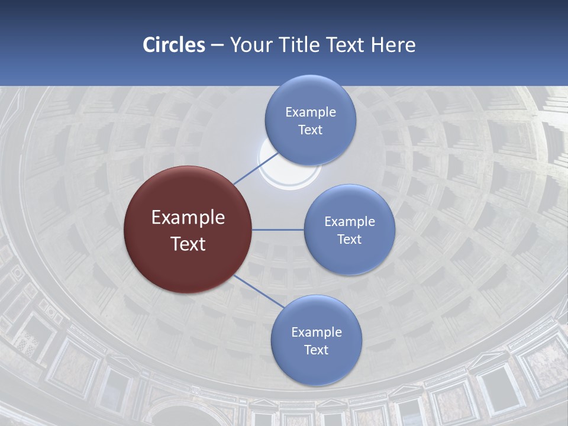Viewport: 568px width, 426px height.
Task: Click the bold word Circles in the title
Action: click(174, 45)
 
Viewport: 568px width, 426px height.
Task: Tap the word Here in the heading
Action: click(393, 45)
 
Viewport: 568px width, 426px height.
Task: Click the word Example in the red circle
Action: click(188, 217)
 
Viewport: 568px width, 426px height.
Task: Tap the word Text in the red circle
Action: click(188, 244)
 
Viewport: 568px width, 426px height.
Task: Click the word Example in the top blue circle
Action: click(311, 112)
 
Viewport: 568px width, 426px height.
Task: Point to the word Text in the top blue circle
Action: click(310, 130)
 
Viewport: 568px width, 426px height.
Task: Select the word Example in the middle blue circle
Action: click(350, 222)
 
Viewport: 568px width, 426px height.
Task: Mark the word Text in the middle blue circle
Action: click(349, 239)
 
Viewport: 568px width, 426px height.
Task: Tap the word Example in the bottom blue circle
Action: click(317, 332)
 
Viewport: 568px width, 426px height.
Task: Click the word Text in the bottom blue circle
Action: click(316, 350)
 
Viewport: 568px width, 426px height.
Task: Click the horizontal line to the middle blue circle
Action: click(277, 230)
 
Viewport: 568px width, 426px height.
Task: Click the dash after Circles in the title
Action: click(217, 45)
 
